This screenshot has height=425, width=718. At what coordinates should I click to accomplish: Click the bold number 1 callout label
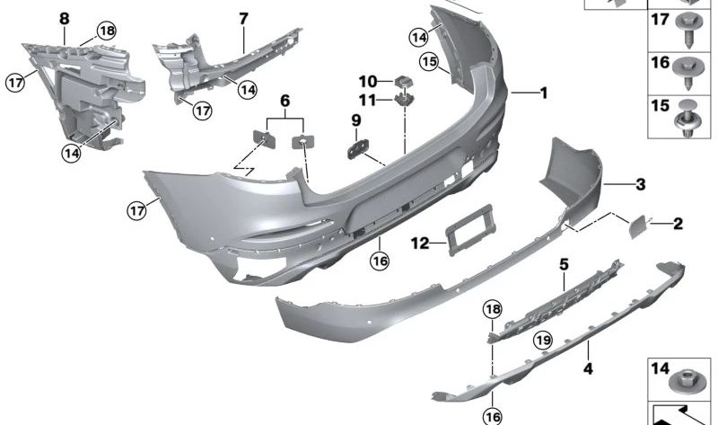pyautogui.click(x=543, y=93)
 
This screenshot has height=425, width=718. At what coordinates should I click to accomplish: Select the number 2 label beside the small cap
pyautogui.click(x=679, y=223)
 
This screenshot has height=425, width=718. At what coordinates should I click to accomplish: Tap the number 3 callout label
pyautogui.click(x=640, y=185)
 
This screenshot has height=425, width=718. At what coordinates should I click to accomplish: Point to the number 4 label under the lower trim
pyautogui.click(x=589, y=367)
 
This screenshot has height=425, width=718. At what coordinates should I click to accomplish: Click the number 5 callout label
pyautogui.click(x=565, y=265)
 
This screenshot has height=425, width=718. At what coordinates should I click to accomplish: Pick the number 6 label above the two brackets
pyautogui.click(x=285, y=102)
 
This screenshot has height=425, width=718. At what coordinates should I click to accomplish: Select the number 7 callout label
pyautogui.click(x=243, y=18)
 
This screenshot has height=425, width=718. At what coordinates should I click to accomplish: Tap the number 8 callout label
pyautogui.click(x=64, y=18)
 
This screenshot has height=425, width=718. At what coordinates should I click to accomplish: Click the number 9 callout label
pyautogui.click(x=355, y=120)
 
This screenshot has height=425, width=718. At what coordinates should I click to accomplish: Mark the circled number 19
pyautogui.click(x=541, y=340)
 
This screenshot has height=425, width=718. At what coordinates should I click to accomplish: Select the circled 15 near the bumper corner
pyautogui.click(x=429, y=62)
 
